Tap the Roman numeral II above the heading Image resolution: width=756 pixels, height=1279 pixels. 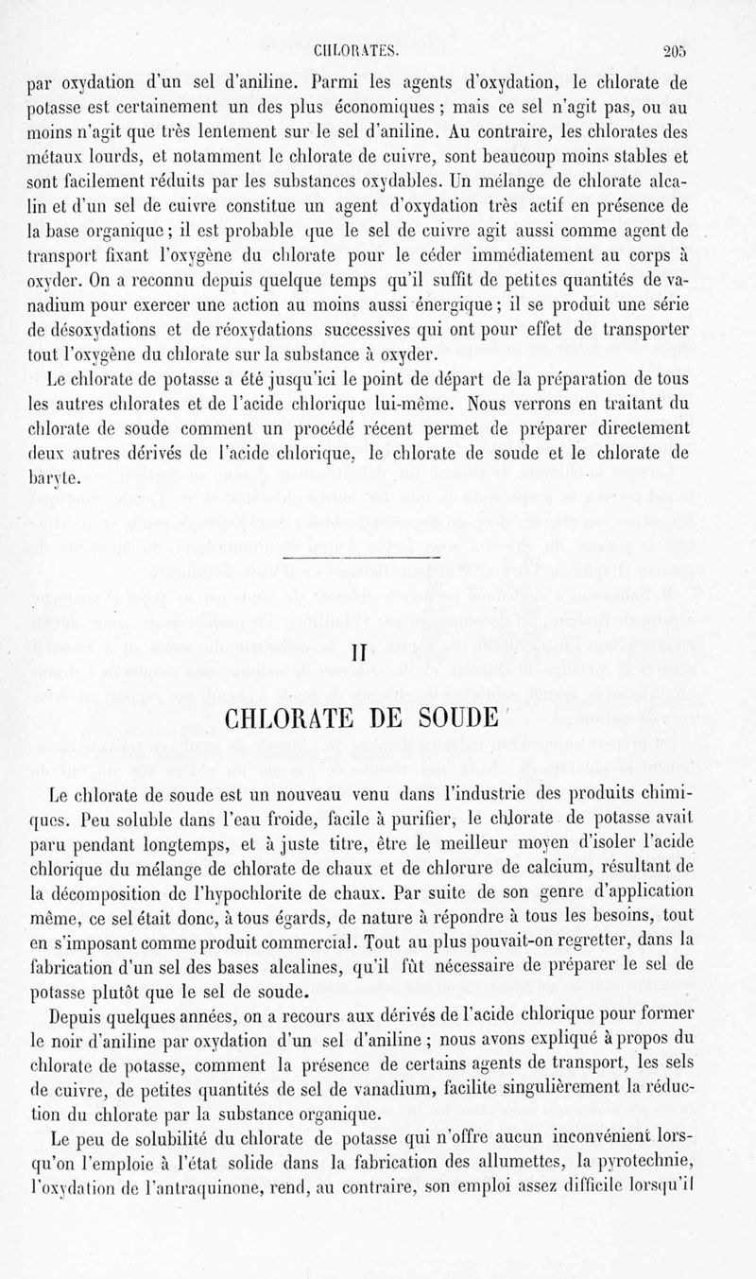[x=357, y=654]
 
